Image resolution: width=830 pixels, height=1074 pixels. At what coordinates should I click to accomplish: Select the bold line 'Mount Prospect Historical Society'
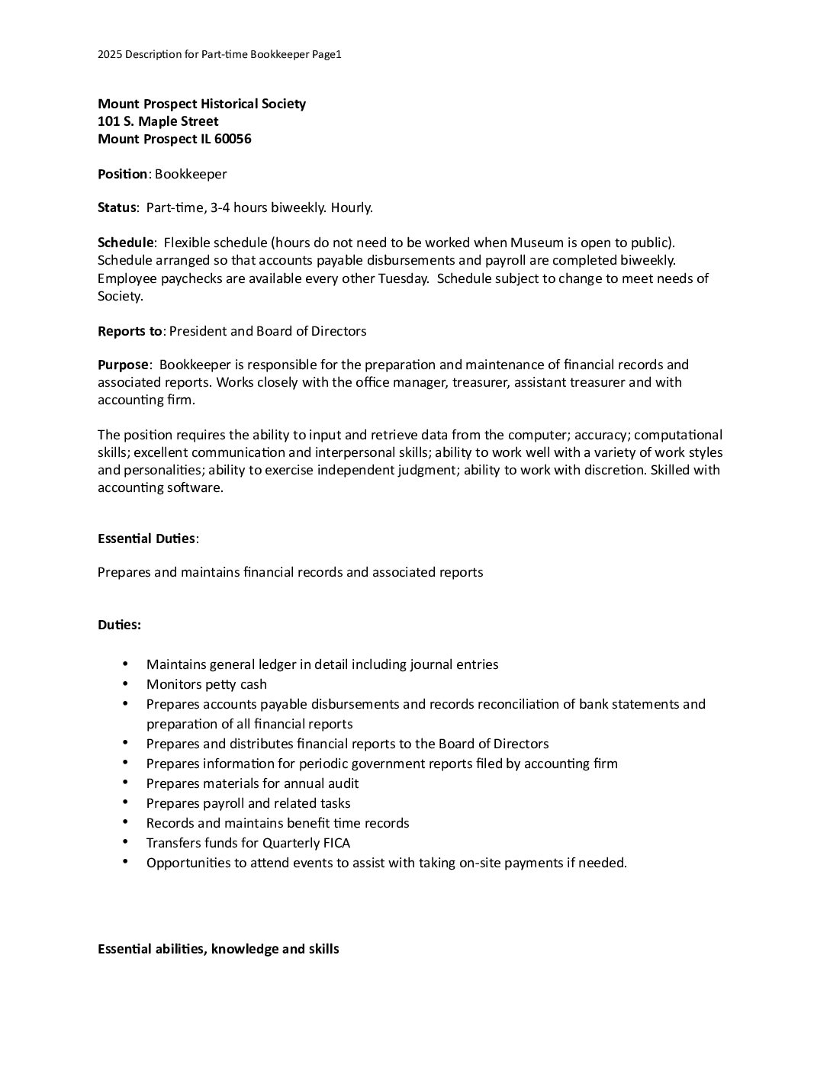pos(201,104)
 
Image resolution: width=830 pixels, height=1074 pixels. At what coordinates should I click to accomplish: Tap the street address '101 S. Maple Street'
pos(158,121)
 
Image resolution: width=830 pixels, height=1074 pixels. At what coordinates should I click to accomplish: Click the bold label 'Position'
pos(122,174)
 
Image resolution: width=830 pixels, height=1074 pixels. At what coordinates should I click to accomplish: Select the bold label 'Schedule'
pos(126,243)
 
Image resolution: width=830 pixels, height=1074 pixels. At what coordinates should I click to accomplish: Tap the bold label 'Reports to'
pos(130,331)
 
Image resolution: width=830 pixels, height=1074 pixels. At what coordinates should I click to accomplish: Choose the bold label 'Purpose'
pos(123,365)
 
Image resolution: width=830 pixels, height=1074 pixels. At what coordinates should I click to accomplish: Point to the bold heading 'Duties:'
pos(119,625)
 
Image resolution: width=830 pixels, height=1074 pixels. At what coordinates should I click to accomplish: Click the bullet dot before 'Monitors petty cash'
pos(125,684)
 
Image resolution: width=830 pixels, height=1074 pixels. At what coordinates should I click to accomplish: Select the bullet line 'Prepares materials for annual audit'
pos(253,783)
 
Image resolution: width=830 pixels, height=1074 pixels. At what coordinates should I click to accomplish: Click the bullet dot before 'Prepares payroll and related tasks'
pos(125,803)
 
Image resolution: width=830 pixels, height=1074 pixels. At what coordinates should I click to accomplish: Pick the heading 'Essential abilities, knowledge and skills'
pos(218,949)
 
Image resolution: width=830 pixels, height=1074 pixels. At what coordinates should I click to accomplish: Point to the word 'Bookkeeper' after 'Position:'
pos(191,174)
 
